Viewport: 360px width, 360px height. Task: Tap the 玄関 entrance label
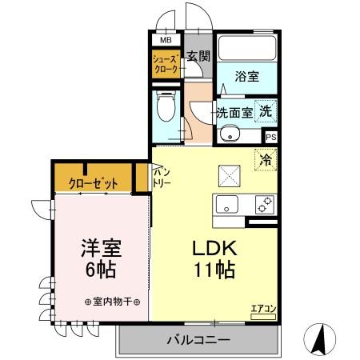pyautogui.click(x=198, y=56)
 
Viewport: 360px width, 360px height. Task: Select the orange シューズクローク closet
pyautogui.click(x=166, y=65)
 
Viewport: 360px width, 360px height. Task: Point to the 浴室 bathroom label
pyautogui.click(x=246, y=77)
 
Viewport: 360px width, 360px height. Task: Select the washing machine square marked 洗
pyautogui.click(x=266, y=113)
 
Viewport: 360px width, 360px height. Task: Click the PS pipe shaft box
pyautogui.click(x=270, y=136)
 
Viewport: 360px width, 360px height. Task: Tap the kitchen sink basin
pyautogui.click(x=229, y=205)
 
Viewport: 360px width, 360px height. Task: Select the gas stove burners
pyautogui.click(x=263, y=204)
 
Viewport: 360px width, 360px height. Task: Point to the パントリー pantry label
pyautogui.click(x=162, y=177)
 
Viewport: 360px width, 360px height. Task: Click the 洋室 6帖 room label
pyautogui.click(x=101, y=258)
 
